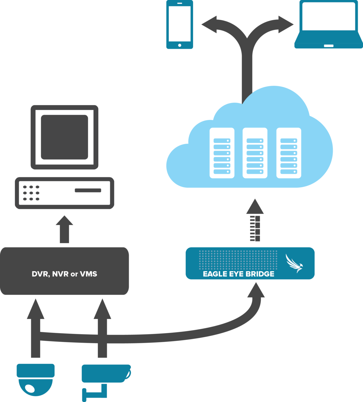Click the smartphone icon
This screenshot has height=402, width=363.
(x=179, y=24)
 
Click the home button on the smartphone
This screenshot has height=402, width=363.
(x=180, y=45)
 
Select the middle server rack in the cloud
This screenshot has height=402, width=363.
(x=255, y=153)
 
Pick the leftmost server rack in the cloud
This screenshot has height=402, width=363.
(x=222, y=153)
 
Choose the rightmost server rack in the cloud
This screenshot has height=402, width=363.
(x=289, y=153)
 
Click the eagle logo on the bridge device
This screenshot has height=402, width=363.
(x=294, y=263)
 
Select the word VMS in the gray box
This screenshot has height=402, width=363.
(x=89, y=274)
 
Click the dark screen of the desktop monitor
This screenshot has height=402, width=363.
(x=64, y=137)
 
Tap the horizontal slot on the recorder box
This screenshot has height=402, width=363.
(x=88, y=190)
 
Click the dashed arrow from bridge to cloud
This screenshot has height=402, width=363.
(x=255, y=221)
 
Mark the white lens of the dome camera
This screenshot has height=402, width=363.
(x=30, y=388)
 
